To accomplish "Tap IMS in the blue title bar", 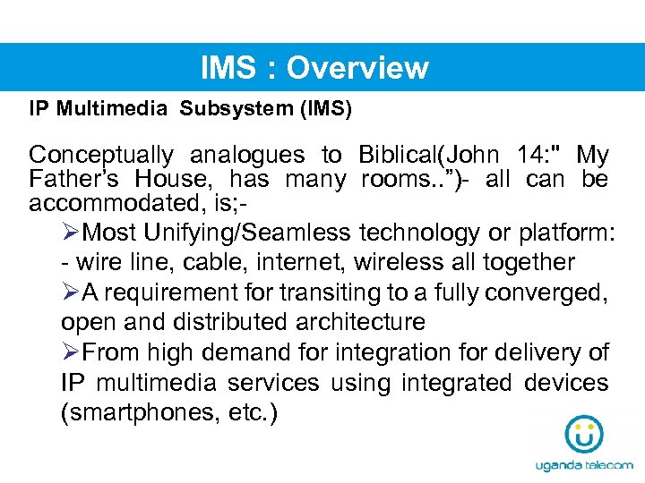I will pos(230,68).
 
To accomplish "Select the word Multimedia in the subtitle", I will pos(112,110).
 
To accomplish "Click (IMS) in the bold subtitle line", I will pos(325,110).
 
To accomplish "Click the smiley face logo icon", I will pos(583,435).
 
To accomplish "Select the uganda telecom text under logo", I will pos(583,466).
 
